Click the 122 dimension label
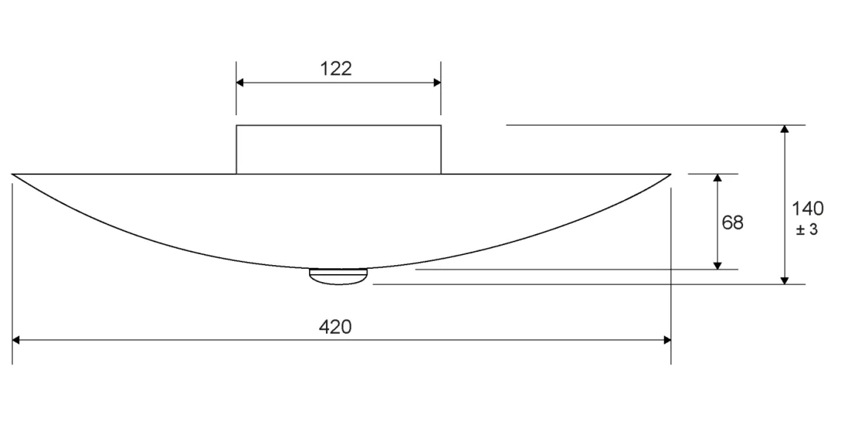[336, 69]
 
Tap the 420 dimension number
[335, 327]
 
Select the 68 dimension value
[733, 222]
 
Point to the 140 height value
[807, 209]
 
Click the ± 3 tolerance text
[807, 230]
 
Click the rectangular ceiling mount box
[339, 149]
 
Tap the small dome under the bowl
[338, 277]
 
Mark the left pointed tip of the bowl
[12, 174]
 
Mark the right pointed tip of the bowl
[671, 174]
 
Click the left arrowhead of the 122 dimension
[240, 83]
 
